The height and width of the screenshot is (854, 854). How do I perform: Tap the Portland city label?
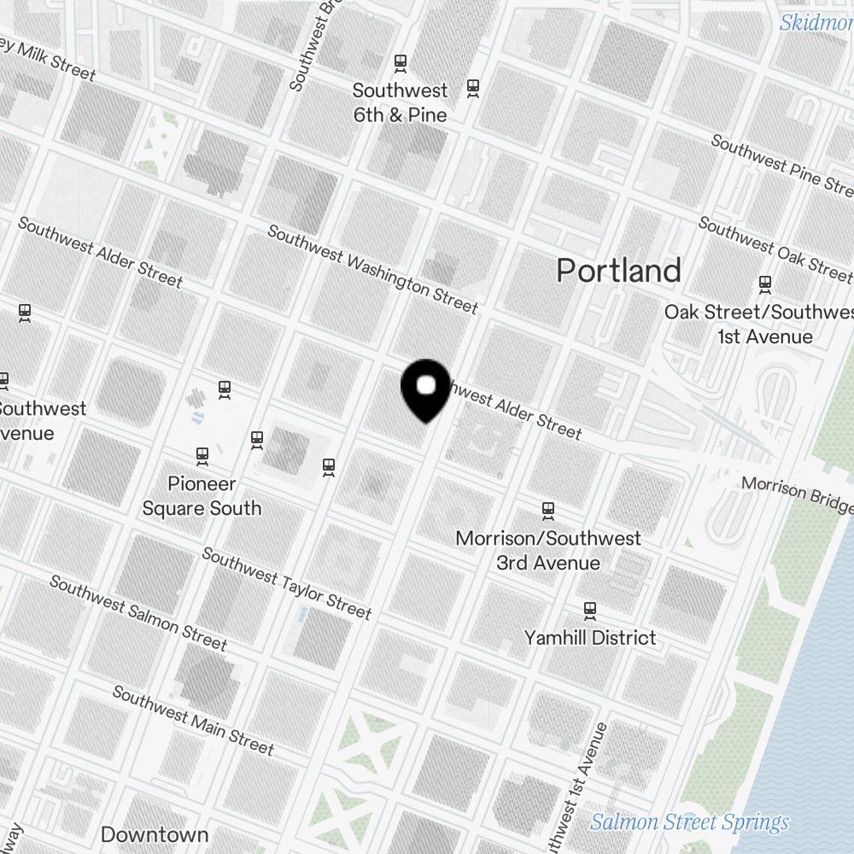click(618, 271)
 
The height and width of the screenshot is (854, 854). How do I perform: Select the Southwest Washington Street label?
click(373, 269)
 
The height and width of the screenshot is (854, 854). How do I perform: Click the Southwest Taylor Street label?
click(287, 583)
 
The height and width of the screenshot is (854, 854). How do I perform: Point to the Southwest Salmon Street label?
click(138, 612)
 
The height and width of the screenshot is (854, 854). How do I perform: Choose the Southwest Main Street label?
click(193, 721)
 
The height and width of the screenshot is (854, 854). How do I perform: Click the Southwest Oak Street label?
click(774, 249)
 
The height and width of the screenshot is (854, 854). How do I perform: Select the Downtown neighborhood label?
click(154, 834)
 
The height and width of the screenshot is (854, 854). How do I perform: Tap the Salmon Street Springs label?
click(689, 822)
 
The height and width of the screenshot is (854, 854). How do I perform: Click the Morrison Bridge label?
click(796, 495)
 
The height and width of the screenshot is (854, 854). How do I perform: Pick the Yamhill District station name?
click(590, 638)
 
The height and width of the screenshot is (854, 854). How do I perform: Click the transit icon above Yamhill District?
click(589, 611)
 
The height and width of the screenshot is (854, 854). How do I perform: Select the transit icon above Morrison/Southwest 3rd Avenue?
click(548, 511)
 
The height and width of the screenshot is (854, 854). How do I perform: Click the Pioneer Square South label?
click(202, 496)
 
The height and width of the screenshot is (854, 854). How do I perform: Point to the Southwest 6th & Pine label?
click(400, 102)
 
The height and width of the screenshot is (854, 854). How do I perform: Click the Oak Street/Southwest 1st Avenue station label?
click(758, 325)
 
